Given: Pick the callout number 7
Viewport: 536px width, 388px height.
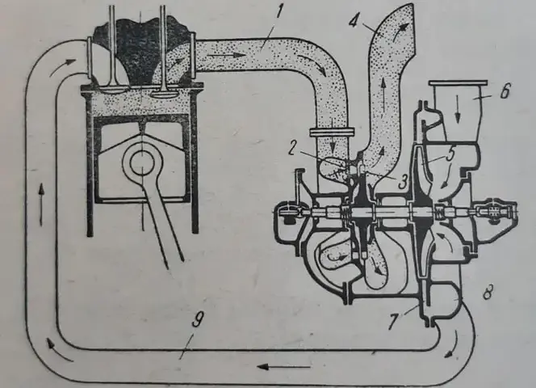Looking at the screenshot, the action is (x=394, y=321).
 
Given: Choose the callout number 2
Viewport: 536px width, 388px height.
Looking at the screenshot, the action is (x=291, y=150).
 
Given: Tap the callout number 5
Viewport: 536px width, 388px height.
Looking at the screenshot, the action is (x=450, y=154).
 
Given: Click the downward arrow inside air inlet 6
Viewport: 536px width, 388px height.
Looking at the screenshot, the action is (x=458, y=112).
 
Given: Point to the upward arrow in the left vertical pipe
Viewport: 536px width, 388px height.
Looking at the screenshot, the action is (x=40, y=204).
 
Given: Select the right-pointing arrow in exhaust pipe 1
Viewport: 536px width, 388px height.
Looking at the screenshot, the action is (x=226, y=54).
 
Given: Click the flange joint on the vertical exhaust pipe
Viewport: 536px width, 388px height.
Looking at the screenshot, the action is (x=331, y=132).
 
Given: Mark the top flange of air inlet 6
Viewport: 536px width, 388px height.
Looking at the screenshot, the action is (x=458, y=83).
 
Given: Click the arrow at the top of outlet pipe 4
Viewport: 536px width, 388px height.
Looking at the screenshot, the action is (x=401, y=34).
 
